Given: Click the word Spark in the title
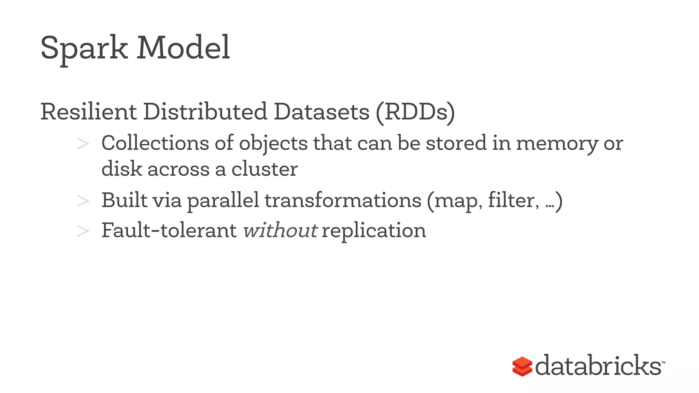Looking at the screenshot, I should click(84, 48).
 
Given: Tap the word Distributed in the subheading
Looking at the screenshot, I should click(205, 112).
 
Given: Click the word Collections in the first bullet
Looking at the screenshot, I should click(155, 143).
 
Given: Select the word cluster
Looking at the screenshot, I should click(265, 169).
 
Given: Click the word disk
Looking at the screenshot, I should click(122, 169).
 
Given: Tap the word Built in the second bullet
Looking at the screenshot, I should click(124, 200).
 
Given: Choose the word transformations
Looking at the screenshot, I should click(343, 200).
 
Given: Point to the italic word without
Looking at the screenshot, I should click(280, 231).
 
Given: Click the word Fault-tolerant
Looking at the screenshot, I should click(169, 231).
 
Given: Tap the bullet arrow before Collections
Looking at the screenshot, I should click(83, 144).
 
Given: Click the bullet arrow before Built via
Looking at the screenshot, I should click(83, 201).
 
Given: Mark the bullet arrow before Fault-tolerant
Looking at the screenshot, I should click(83, 231).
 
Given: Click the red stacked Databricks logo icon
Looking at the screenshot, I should click(522, 366).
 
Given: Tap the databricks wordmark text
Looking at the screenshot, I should click(598, 366).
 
